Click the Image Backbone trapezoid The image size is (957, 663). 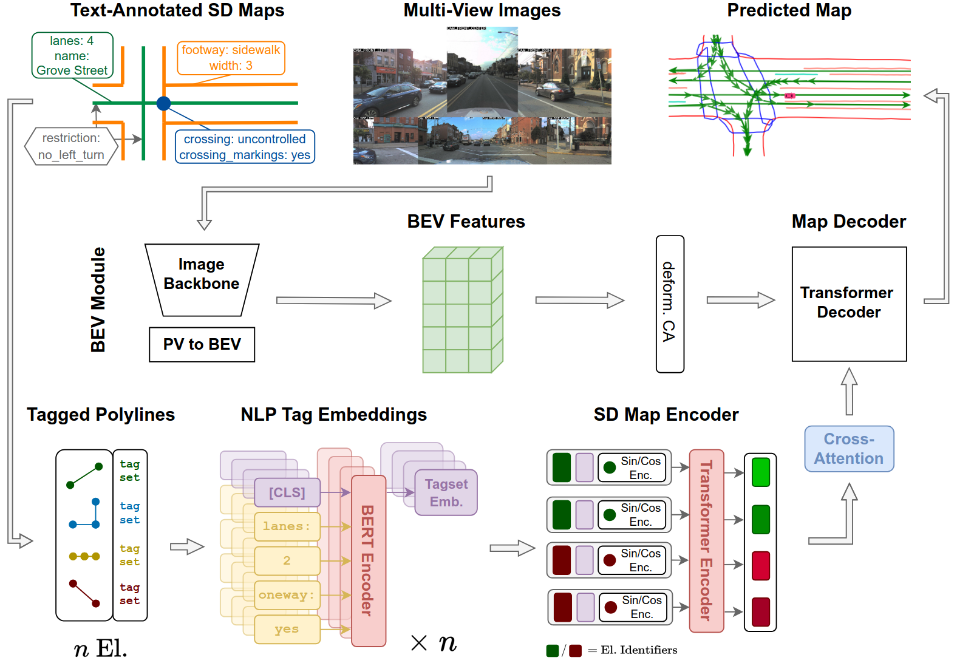tap(202, 279)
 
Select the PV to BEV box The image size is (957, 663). tap(202, 344)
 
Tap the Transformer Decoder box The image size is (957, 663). tap(849, 304)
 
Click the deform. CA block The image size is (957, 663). tap(670, 304)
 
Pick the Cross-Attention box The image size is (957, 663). tap(849, 449)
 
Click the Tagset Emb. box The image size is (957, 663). tap(446, 492)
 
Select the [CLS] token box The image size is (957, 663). tap(287, 492)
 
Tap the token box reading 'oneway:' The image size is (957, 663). tap(287, 595)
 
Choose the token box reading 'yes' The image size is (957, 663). tap(287, 629)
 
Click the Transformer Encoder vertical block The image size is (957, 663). tap(706, 540)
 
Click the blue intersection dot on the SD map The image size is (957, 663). tap(163, 103)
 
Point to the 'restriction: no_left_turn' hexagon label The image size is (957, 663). tap(71, 146)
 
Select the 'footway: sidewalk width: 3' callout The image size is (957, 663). tap(231, 58)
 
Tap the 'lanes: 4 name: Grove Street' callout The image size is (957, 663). tap(72, 55)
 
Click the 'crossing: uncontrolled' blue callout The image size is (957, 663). tap(245, 147)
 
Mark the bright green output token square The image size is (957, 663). tap(760, 472)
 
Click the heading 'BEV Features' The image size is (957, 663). tap(466, 222)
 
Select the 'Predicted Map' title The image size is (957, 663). tap(789, 10)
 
